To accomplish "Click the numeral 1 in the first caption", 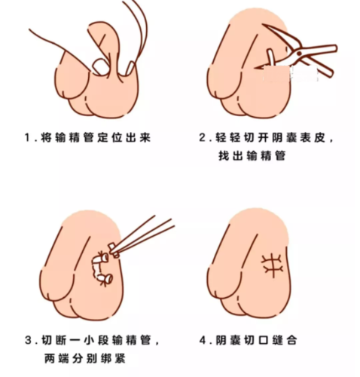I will tap(28, 138).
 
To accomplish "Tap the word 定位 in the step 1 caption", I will tap(111, 138).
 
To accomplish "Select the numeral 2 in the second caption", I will tap(203, 138).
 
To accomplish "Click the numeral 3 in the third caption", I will tap(28, 340).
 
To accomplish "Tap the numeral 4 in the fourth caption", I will tap(203, 340).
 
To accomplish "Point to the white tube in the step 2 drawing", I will tap(267, 60).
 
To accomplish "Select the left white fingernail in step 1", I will tap(100, 66).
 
